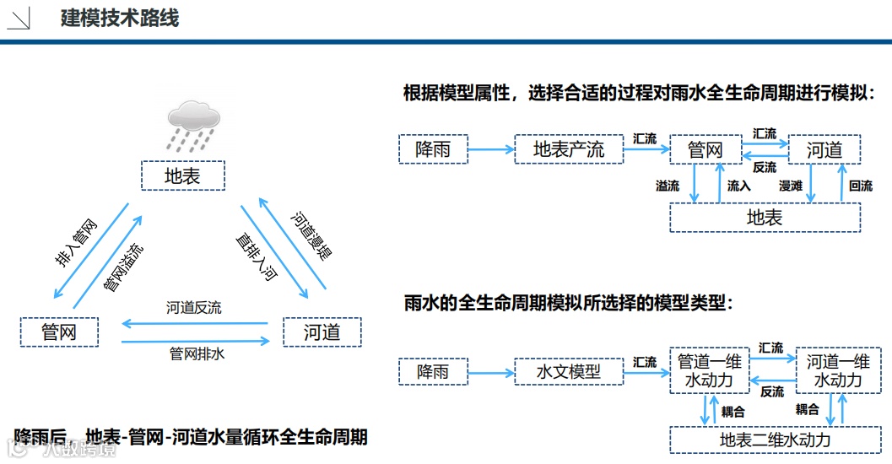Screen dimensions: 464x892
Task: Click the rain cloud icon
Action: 195,123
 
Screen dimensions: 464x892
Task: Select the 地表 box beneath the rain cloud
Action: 183,176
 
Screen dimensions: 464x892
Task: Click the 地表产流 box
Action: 569,150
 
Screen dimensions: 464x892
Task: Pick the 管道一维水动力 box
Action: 710,371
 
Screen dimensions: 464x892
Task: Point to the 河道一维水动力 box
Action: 837,371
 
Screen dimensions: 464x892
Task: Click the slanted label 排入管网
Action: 77,244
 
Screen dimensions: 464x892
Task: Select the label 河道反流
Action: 193,309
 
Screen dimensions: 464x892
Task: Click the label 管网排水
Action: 197,354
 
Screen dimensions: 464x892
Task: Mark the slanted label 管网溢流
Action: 123,268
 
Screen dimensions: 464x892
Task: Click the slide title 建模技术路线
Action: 120,18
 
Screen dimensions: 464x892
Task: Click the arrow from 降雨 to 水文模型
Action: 490,371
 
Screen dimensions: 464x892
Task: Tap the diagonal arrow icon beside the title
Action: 19,19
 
